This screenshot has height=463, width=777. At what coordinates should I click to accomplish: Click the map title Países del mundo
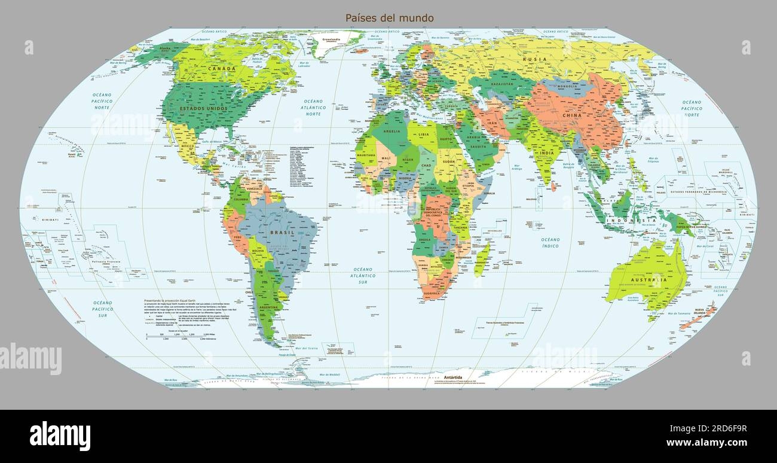[x=389, y=18]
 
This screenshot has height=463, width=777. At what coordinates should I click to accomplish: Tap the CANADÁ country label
[x=221, y=69]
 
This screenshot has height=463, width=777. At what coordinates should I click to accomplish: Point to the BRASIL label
[x=282, y=232]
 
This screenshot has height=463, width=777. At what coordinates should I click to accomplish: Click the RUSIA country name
[x=534, y=59]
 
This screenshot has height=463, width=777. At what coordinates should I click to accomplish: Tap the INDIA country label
[x=546, y=153]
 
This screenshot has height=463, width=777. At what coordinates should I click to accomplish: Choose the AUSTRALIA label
[x=651, y=280]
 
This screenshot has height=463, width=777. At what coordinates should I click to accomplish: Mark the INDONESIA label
[x=631, y=221]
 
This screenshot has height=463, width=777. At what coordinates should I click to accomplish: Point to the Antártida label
[x=453, y=377]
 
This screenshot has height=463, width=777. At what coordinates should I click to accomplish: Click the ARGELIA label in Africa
[x=391, y=131]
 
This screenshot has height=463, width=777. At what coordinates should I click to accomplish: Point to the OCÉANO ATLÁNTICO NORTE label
[x=313, y=108]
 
